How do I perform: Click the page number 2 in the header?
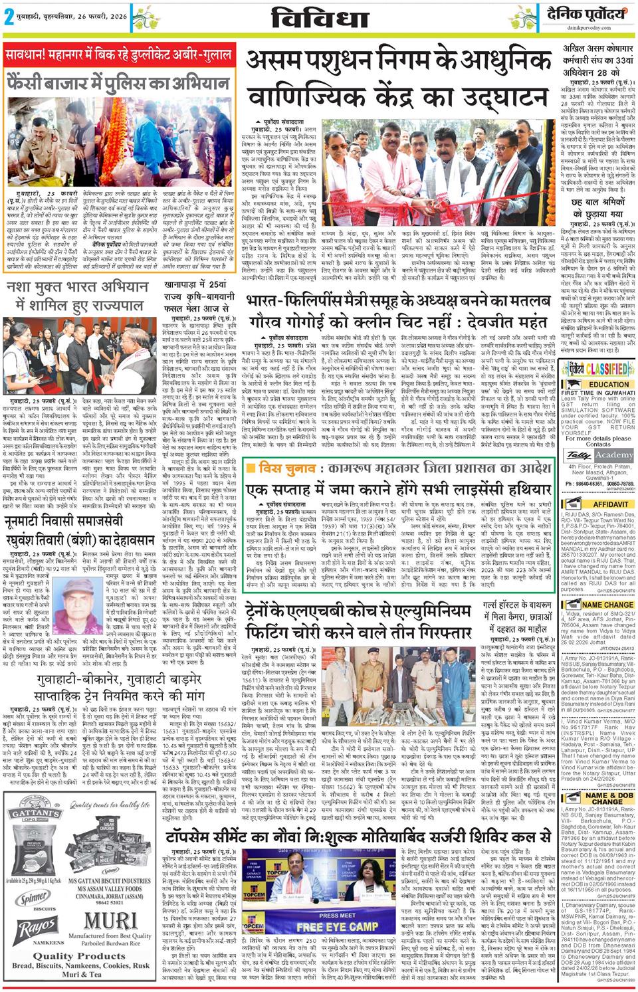[9, 18]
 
